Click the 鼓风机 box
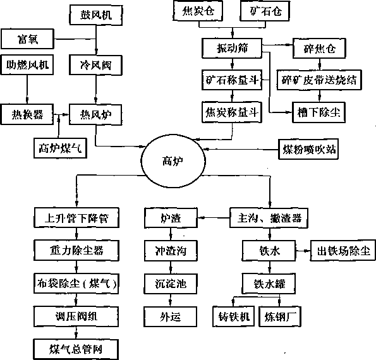pyautogui.click(x=96, y=15)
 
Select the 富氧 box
pyautogui.click(x=28, y=39)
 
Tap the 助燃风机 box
pyautogui.click(x=27, y=64)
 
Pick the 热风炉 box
pyautogui.click(x=95, y=115)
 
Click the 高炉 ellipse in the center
pyautogui.click(x=173, y=161)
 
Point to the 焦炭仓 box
pyautogui.click(x=198, y=11)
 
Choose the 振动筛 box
pyautogui.click(x=232, y=48)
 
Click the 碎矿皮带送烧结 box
pyautogui.click(x=319, y=80)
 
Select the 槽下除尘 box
pyautogui.click(x=319, y=112)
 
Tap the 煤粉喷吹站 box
pyautogui.click(x=308, y=149)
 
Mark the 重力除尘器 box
pyautogui.click(x=76, y=251)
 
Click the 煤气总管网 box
pyautogui.click(x=76, y=349)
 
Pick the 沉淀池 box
pyautogui.click(x=171, y=284)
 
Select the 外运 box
pyautogui.click(x=171, y=316)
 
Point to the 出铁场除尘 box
pyautogui.click(x=343, y=251)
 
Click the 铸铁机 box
pyautogui.click(x=234, y=316)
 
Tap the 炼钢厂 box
pyautogui.click(x=280, y=316)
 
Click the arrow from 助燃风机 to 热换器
pyautogui.click(x=27, y=90)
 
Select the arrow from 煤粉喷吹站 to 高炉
pyautogui.click(x=241, y=149)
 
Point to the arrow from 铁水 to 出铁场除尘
pyautogui.click(x=303, y=251)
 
